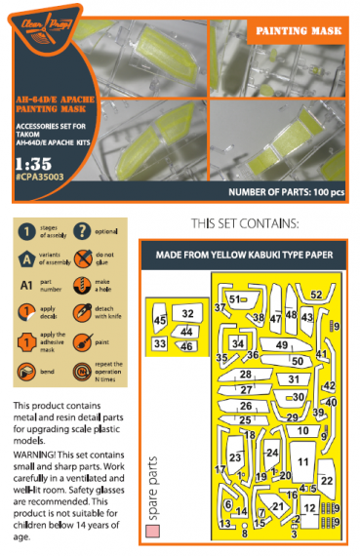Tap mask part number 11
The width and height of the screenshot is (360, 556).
tap(303, 461)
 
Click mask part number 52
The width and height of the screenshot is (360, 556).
tap(317, 295)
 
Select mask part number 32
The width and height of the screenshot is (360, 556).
tap(187, 313)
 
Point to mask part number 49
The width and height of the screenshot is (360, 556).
tap(282, 345)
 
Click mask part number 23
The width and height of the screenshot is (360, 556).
tap(234, 457)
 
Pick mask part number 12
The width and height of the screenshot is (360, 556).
tap(309, 508)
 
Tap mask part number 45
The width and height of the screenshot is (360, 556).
tap(160, 320)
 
